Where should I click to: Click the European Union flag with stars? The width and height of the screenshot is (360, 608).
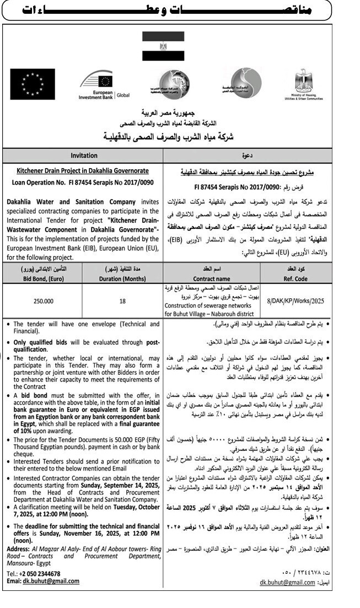pos(33,84)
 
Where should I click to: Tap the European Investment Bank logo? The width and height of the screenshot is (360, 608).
pos(103,85)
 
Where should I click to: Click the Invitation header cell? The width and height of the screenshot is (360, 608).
pos(84,155)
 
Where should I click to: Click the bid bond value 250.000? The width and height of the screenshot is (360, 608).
pos(42,302)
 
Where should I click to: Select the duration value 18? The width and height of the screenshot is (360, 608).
pos(123,302)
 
